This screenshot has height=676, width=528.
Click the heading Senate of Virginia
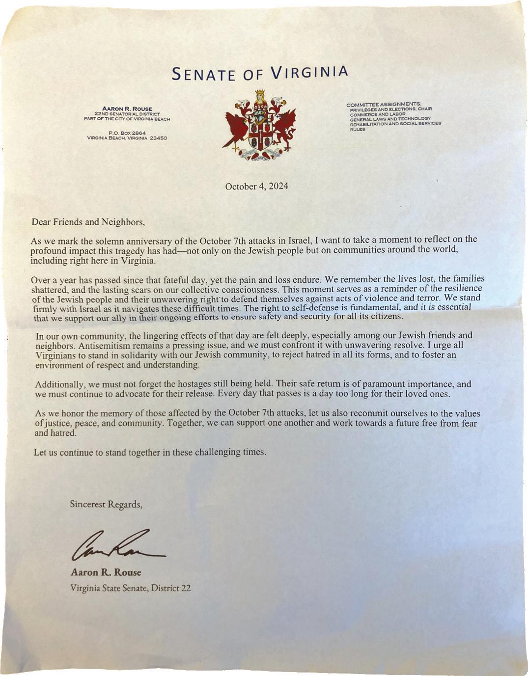tap(260, 73)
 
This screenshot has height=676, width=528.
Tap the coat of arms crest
tap(260, 126)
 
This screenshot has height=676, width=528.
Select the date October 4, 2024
tap(256, 187)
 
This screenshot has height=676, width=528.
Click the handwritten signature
tap(118, 546)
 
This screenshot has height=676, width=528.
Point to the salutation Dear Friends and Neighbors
tap(88, 222)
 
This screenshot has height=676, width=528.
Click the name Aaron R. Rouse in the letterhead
tap(127, 108)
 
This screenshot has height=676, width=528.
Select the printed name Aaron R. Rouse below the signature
tap(106, 572)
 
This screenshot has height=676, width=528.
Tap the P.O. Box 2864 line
tap(127, 133)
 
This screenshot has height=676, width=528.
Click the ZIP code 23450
tap(159, 138)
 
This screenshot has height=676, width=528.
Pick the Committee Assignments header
tap(384, 104)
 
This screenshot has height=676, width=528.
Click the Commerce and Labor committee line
tap(377, 114)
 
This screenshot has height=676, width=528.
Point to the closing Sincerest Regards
tap(106, 504)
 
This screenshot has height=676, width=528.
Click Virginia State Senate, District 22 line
tap(130, 588)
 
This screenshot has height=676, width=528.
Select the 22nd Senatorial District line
tap(127, 114)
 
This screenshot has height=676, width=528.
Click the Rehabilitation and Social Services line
tap(395, 124)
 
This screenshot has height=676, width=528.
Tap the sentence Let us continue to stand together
tap(150, 452)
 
